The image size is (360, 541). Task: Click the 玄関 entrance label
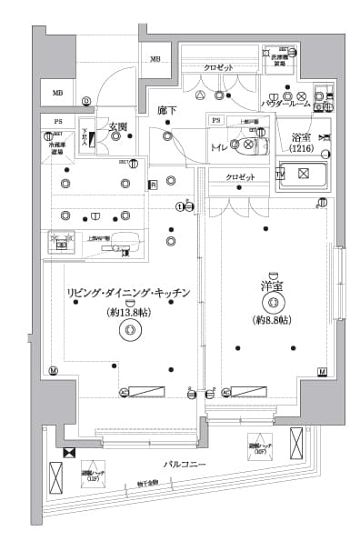click(116, 126)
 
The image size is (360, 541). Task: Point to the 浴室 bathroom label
click(302, 139)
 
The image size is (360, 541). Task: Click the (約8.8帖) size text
click(271, 321)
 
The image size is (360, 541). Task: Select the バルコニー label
click(183, 465)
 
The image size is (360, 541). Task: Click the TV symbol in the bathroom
click(280, 173)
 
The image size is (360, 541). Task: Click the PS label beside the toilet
click(216, 120)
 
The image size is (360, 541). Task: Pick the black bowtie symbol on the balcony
click(69, 452)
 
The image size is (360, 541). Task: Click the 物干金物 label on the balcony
click(148, 484)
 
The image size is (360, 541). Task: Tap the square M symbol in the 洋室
click(322, 372)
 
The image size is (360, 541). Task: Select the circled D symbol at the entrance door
click(86, 100)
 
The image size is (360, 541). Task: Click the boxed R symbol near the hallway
click(153, 185)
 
